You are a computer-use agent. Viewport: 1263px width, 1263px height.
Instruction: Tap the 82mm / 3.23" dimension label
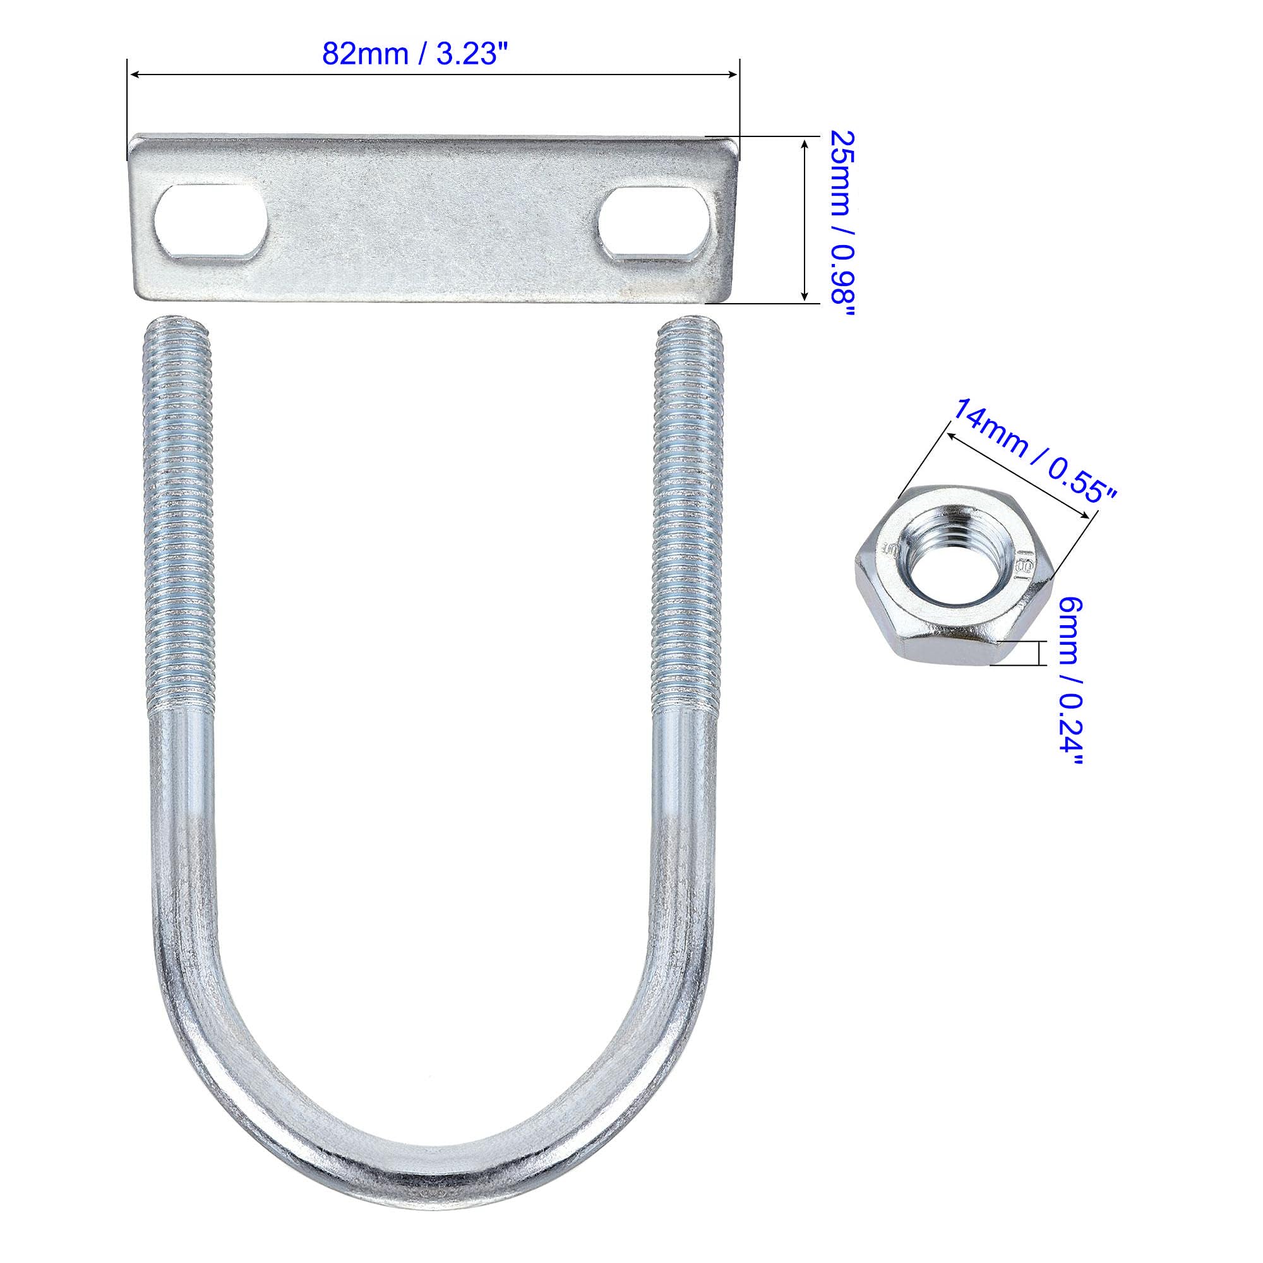point(416,54)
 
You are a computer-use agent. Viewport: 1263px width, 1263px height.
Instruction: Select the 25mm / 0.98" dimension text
point(842,224)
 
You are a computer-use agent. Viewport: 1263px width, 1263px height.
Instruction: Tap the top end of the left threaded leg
point(177,321)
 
